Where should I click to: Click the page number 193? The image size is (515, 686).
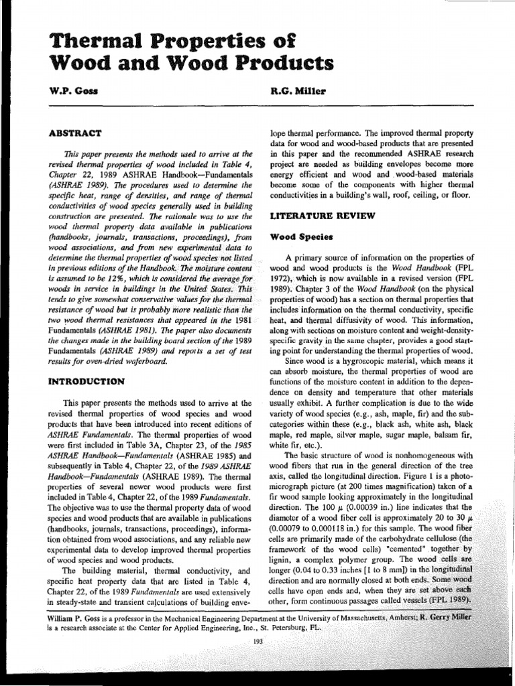pyautogui.click(x=258, y=642)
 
